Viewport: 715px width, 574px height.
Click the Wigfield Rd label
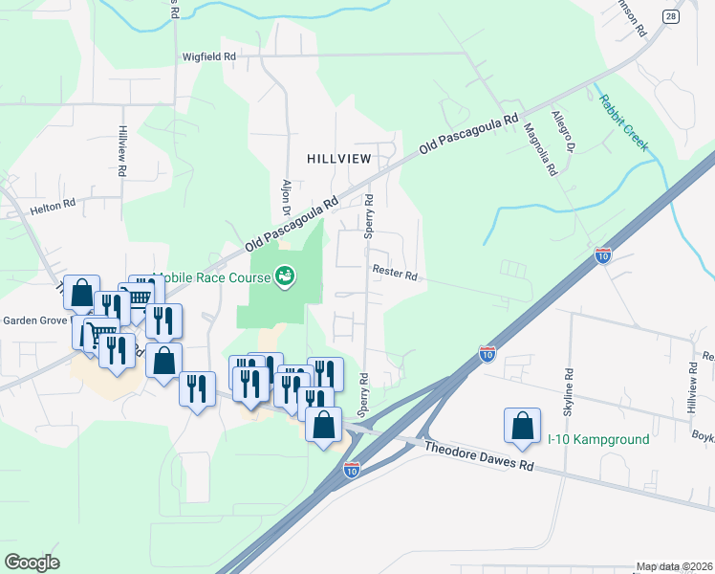[209, 56]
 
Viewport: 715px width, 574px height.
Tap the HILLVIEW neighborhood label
[337, 158]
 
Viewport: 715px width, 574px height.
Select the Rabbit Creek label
[623, 123]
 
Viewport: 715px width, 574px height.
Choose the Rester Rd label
[395, 276]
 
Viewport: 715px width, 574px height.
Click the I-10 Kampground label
[598, 439]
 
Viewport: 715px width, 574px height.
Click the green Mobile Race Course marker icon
[284, 276]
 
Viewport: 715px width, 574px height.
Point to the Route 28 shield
[671, 16]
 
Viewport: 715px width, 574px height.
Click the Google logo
[32, 562]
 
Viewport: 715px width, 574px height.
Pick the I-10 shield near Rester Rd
[602, 254]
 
